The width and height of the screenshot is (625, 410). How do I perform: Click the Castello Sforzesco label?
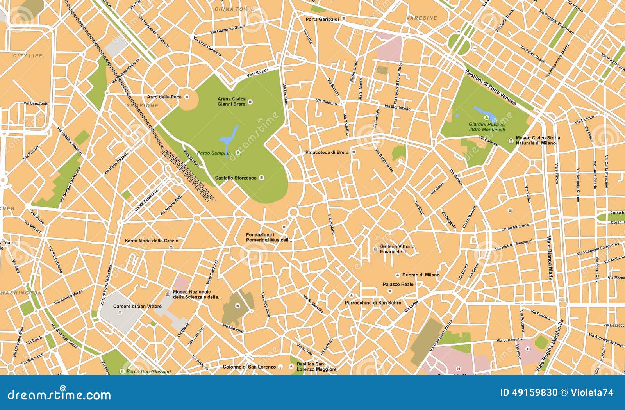tap(236, 178)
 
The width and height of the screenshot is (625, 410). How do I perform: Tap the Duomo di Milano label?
tap(421, 275)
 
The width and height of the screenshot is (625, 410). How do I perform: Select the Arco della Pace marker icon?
tap(187, 96)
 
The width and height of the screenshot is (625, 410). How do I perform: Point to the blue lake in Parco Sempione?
tap(229, 136)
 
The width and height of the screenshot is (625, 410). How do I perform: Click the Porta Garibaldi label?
tap(322, 19)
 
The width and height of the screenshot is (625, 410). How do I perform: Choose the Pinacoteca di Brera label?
tap(327, 152)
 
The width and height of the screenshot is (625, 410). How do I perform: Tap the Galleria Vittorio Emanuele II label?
tap(397, 249)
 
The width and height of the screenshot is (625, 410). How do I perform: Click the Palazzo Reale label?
tap(398, 284)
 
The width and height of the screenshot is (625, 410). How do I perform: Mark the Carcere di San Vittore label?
tap(137, 306)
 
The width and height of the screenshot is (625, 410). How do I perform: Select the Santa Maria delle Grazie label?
tap(151, 241)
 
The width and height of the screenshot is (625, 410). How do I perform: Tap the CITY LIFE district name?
tap(28, 56)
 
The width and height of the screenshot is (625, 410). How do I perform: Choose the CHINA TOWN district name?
tap(234, 9)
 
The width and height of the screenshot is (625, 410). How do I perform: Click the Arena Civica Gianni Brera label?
tap(232, 102)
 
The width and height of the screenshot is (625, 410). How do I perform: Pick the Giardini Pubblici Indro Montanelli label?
tap(487, 127)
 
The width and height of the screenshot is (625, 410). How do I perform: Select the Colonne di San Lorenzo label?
tap(249, 367)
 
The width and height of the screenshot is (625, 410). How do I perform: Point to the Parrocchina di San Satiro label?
tap(373, 303)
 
